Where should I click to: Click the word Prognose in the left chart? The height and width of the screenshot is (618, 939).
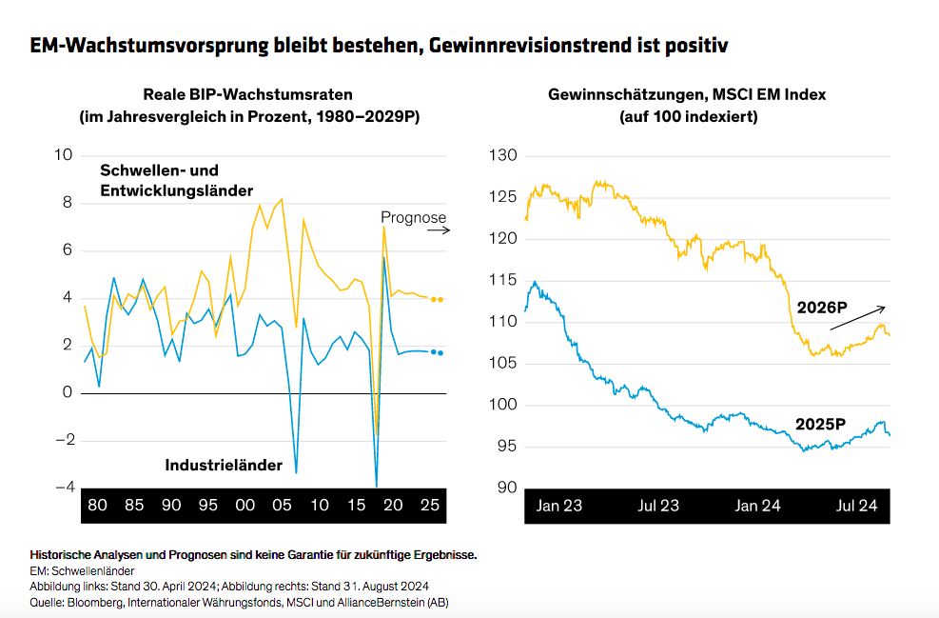pyautogui.click(x=414, y=218)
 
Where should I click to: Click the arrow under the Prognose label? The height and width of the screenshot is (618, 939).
pyautogui.click(x=436, y=230)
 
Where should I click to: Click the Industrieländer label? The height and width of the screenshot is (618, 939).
pyautogui.click(x=224, y=466)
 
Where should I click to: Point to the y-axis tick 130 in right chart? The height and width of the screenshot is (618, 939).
pyautogui.click(x=502, y=155)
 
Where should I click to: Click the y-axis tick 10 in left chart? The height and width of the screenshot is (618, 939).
pyautogui.click(x=66, y=155)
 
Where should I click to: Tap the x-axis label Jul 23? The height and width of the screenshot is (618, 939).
pyautogui.click(x=658, y=506)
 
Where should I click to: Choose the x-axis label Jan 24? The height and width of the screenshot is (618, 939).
pyautogui.click(x=757, y=506)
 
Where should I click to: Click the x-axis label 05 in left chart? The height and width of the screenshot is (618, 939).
pyautogui.click(x=282, y=506)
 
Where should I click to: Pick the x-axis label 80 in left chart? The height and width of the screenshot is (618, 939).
pyautogui.click(x=97, y=506)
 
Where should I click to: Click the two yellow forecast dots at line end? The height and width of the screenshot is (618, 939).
pyautogui.click(x=437, y=299)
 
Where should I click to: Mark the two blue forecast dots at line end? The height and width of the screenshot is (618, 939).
pyautogui.click(x=437, y=352)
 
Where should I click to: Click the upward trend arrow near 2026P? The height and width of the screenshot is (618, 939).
pyautogui.click(x=857, y=318)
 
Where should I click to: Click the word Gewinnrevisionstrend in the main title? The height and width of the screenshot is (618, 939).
pyautogui.click(x=546, y=45)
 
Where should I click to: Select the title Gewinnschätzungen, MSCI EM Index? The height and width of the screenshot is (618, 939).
pyautogui.click(x=687, y=94)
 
